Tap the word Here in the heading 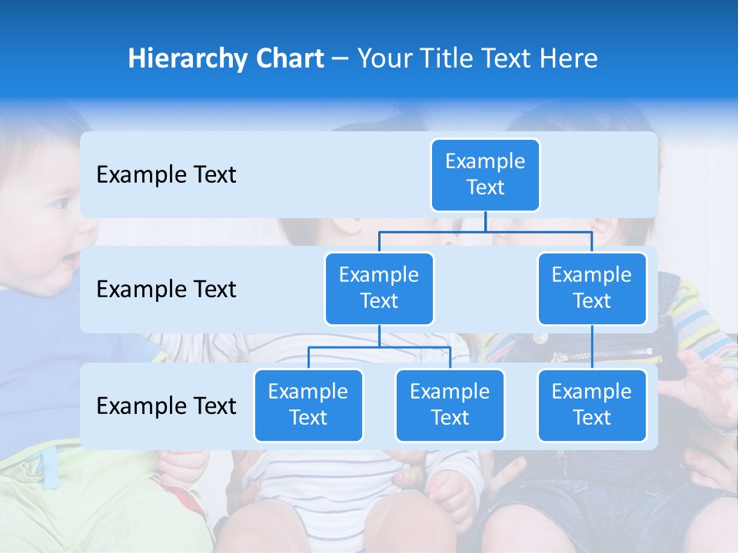point(567,58)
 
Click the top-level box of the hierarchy point(485,174)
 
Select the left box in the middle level point(379,288)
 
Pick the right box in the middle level point(592,288)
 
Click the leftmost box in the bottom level point(308,405)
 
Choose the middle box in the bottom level point(450,405)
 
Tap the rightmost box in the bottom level point(592,405)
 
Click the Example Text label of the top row point(166,175)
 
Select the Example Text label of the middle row point(166,290)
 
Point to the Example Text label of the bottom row point(166,406)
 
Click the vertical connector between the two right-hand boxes point(592,347)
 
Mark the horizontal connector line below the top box point(485,231)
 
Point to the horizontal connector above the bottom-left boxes point(379,347)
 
